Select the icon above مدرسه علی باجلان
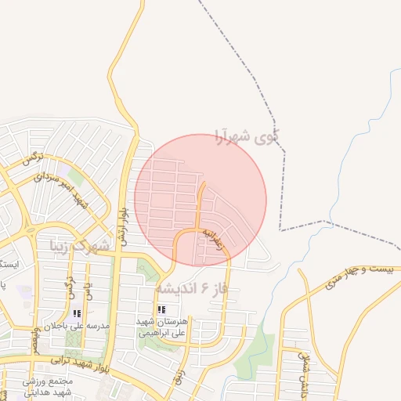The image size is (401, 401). [76, 313]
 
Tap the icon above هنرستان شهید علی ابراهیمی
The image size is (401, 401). [161, 310]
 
